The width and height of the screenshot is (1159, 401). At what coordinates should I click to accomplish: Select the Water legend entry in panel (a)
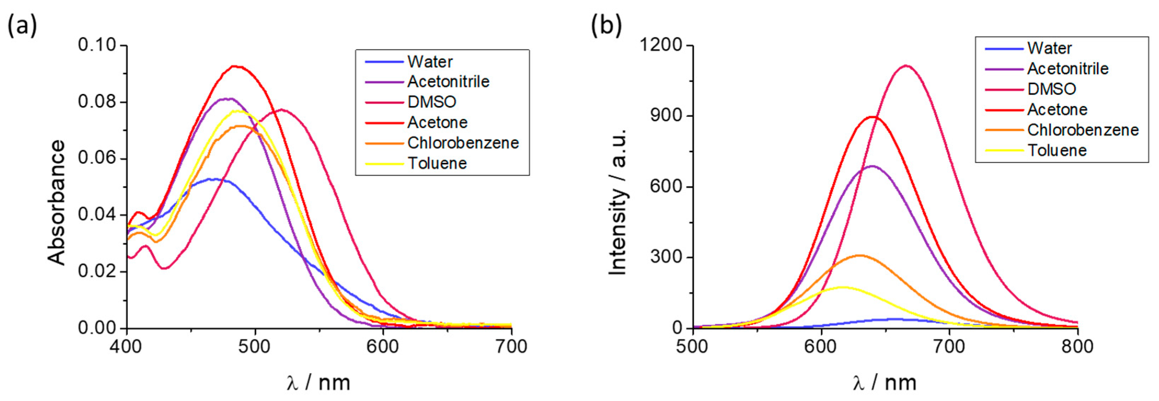click(430, 62)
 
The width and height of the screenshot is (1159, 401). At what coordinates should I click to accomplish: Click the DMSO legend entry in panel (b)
click(1052, 89)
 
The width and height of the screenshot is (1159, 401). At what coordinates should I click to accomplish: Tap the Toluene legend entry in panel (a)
click(437, 163)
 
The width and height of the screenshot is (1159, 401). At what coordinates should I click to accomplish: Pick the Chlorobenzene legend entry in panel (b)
click(1082, 130)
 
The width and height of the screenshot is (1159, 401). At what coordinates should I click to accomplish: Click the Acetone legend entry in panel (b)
click(1057, 109)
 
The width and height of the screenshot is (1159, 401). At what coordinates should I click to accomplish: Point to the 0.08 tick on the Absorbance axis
click(97, 102)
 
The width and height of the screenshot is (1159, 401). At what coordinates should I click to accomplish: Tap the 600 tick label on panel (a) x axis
click(383, 347)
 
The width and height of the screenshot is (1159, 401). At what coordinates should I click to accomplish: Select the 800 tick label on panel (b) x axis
click(1077, 347)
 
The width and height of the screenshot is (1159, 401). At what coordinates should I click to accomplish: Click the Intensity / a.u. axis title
click(618, 202)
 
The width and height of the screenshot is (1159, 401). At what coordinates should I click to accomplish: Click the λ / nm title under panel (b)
click(884, 383)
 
